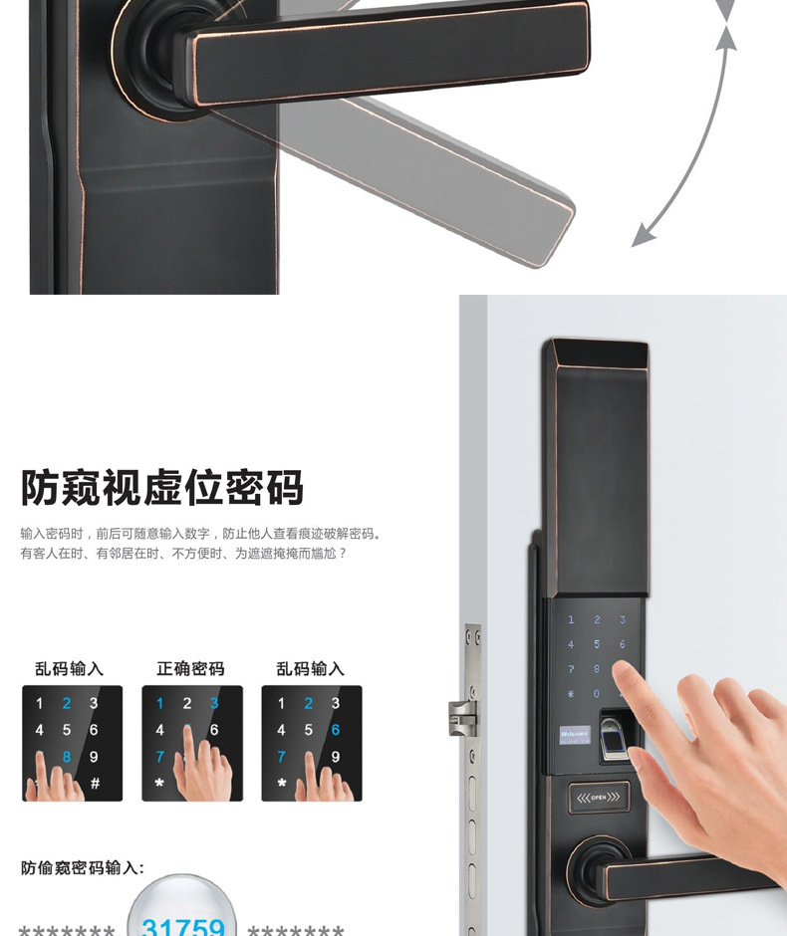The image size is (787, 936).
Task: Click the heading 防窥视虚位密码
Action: click(x=162, y=488)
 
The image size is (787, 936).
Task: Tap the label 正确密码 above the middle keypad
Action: click(x=190, y=669)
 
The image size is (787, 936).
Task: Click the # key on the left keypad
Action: click(x=95, y=784)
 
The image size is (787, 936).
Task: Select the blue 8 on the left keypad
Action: click(x=67, y=757)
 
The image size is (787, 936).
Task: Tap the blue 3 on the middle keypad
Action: click(x=214, y=703)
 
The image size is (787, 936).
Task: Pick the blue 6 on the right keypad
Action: click(x=335, y=730)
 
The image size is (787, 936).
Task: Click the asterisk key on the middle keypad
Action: click(x=159, y=784)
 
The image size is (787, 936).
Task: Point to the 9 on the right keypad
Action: click(x=335, y=757)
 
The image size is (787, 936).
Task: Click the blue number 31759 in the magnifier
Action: click(x=183, y=924)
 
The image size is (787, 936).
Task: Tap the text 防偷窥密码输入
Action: click(x=83, y=868)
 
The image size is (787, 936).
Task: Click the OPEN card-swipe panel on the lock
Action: click(x=598, y=797)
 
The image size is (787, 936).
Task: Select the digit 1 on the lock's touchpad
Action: click(x=571, y=619)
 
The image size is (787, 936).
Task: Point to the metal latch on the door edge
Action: click(x=462, y=715)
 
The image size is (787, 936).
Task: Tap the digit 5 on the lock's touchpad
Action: click(x=597, y=644)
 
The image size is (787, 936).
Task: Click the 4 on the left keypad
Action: click(x=40, y=730)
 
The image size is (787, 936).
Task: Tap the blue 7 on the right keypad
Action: click(x=281, y=757)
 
